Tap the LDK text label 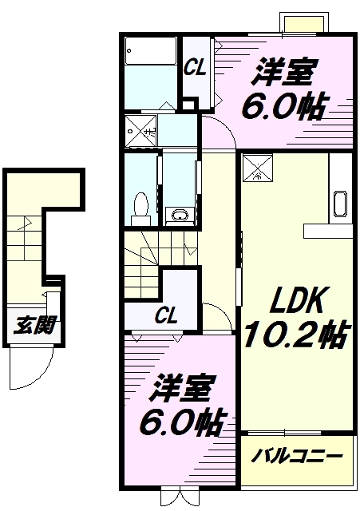[x=296, y=300]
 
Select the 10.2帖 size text [x=296, y=335]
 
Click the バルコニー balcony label [x=296, y=456]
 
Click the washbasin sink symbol [x=180, y=215]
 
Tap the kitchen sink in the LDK [x=340, y=204]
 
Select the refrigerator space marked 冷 [x=258, y=168]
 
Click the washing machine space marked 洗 [x=141, y=131]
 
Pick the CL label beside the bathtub [x=195, y=68]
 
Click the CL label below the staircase [x=166, y=315]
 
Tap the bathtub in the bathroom [x=151, y=51]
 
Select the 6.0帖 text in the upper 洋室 [x=283, y=106]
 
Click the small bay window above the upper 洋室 [x=304, y=22]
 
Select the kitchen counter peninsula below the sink [x=328, y=231]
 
